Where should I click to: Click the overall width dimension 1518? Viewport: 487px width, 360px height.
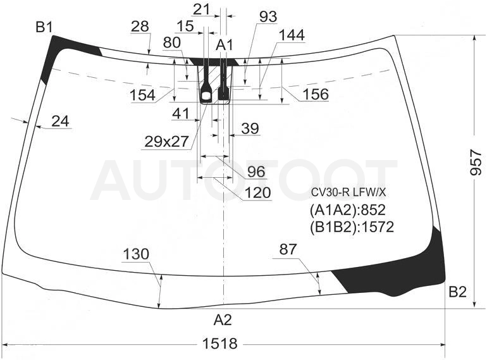[220, 344]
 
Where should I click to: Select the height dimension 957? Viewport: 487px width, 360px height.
[476, 162]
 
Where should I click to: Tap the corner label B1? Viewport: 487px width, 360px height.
[44, 27]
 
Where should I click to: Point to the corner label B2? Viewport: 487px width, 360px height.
[457, 292]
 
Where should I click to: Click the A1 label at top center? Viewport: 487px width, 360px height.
[225, 45]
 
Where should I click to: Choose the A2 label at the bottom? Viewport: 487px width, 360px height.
[223, 320]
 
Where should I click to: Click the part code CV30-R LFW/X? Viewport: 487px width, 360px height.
[348, 193]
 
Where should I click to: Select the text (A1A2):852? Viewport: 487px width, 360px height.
[348, 210]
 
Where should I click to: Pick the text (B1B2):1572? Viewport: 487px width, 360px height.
[352, 227]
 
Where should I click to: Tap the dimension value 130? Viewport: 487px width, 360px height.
[136, 254]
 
